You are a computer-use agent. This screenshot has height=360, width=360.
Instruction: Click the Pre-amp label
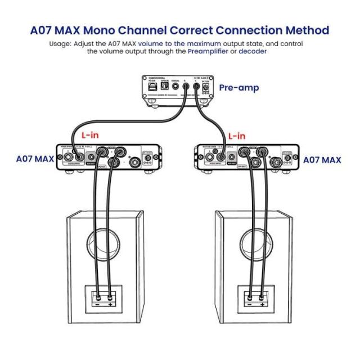click(x=238, y=88)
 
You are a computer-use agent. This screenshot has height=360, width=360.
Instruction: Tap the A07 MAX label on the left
click(x=35, y=159)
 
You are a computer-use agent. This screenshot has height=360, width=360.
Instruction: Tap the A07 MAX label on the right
click(x=322, y=160)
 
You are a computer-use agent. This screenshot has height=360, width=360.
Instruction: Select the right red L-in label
click(x=236, y=136)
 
